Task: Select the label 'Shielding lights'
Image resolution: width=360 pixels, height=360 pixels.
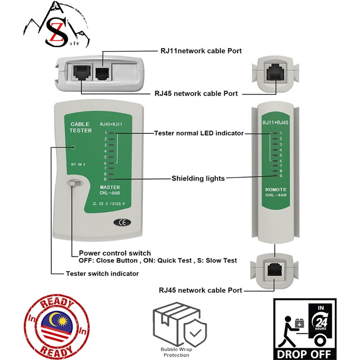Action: [198, 179]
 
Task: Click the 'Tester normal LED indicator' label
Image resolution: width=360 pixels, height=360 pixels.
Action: [199, 133]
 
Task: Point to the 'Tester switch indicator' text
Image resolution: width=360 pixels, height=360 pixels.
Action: [102, 273]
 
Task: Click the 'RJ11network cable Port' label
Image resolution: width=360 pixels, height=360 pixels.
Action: [200, 50]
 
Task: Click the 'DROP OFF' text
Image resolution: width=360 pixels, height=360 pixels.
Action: [305, 352]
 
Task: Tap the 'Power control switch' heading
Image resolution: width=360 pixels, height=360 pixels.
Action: [115, 253]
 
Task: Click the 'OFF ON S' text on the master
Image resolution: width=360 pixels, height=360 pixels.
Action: [78, 164]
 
